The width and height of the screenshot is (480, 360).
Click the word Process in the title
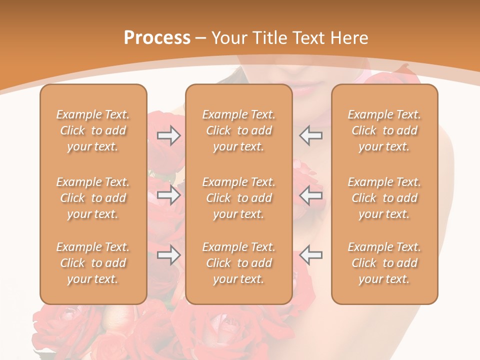tap(157, 38)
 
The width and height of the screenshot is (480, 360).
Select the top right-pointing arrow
tap(168, 135)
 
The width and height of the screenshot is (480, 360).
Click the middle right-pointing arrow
tap(168, 195)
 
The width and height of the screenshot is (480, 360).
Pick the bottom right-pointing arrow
tap(168, 255)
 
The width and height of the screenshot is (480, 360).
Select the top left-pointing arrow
tap(311, 135)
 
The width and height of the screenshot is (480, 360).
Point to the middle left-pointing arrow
tap(311, 195)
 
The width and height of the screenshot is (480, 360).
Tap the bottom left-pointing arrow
tap(311, 255)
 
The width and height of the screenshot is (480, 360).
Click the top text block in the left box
tap(93, 130)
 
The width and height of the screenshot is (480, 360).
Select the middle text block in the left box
tap(93, 198)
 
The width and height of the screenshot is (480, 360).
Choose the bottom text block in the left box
tap(93, 263)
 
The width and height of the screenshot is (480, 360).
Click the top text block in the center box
tap(238, 130)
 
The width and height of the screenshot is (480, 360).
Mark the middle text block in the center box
tap(238, 198)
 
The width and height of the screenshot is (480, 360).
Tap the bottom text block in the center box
tap(238, 263)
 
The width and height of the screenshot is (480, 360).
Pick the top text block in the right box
tap(384, 130)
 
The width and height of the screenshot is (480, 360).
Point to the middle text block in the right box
tap(384, 198)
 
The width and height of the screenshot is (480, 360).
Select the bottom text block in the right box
tap(384, 263)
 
